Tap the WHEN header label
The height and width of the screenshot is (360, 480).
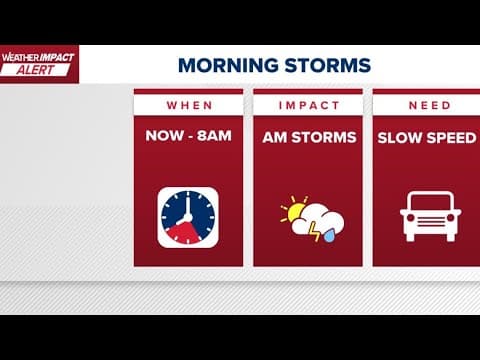pyautogui.click(x=189, y=105)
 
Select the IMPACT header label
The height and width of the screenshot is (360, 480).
pyautogui.click(x=308, y=105)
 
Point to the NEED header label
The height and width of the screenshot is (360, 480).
pyautogui.click(x=427, y=105)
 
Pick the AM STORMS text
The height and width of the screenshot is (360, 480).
pyautogui.click(x=308, y=138)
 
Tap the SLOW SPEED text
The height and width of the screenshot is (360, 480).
pyautogui.click(x=427, y=138)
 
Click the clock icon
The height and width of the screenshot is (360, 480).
pyautogui.click(x=189, y=217)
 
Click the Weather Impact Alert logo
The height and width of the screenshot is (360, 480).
pyautogui.click(x=38, y=63)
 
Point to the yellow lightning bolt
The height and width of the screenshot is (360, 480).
pyautogui.click(x=318, y=234)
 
